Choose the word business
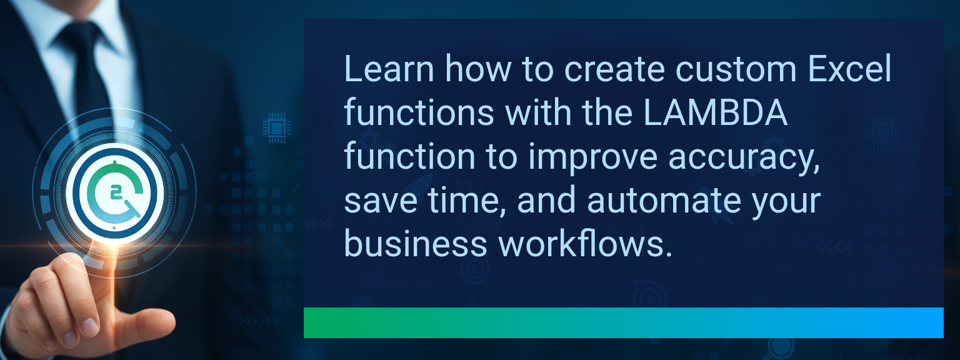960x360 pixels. (416, 244)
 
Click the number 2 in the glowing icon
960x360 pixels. (116, 192)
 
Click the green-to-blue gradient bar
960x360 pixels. (623, 322)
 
